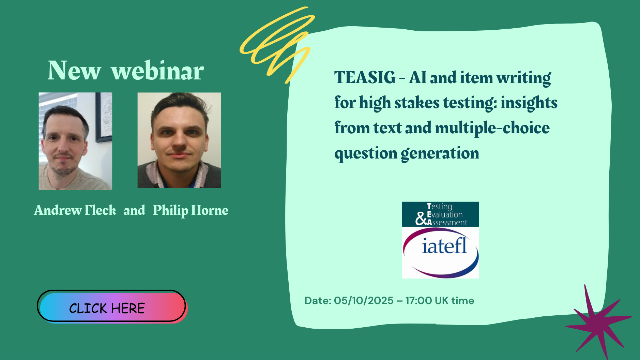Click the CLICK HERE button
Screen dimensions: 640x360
click(x=112, y=306)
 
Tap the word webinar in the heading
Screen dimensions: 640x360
click(x=157, y=71)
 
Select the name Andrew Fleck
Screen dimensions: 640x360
click(x=75, y=210)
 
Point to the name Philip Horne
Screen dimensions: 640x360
click(x=191, y=211)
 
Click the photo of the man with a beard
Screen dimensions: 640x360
click(x=75, y=141)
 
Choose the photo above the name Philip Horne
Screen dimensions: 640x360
click(x=179, y=140)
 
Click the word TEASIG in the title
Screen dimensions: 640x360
click(x=365, y=77)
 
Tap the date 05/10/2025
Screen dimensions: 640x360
click(x=364, y=300)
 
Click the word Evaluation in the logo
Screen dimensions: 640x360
click(x=445, y=214)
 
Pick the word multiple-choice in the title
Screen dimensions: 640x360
click(x=492, y=128)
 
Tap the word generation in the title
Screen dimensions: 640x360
click(x=440, y=154)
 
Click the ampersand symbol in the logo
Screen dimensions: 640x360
click(x=421, y=219)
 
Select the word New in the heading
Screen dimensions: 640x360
click(x=74, y=71)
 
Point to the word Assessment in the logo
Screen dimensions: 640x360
click(x=447, y=223)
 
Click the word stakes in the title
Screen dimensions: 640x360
click(x=417, y=103)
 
